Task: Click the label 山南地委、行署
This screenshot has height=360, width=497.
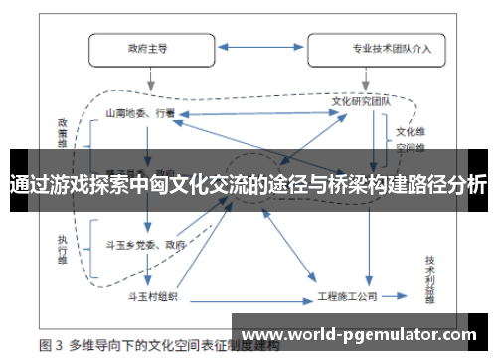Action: (x=141, y=114)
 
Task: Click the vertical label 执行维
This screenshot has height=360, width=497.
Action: (x=62, y=245)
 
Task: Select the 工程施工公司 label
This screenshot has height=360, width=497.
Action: (x=348, y=296)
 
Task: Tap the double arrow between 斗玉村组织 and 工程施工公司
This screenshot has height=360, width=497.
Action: (x=248, y=296)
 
